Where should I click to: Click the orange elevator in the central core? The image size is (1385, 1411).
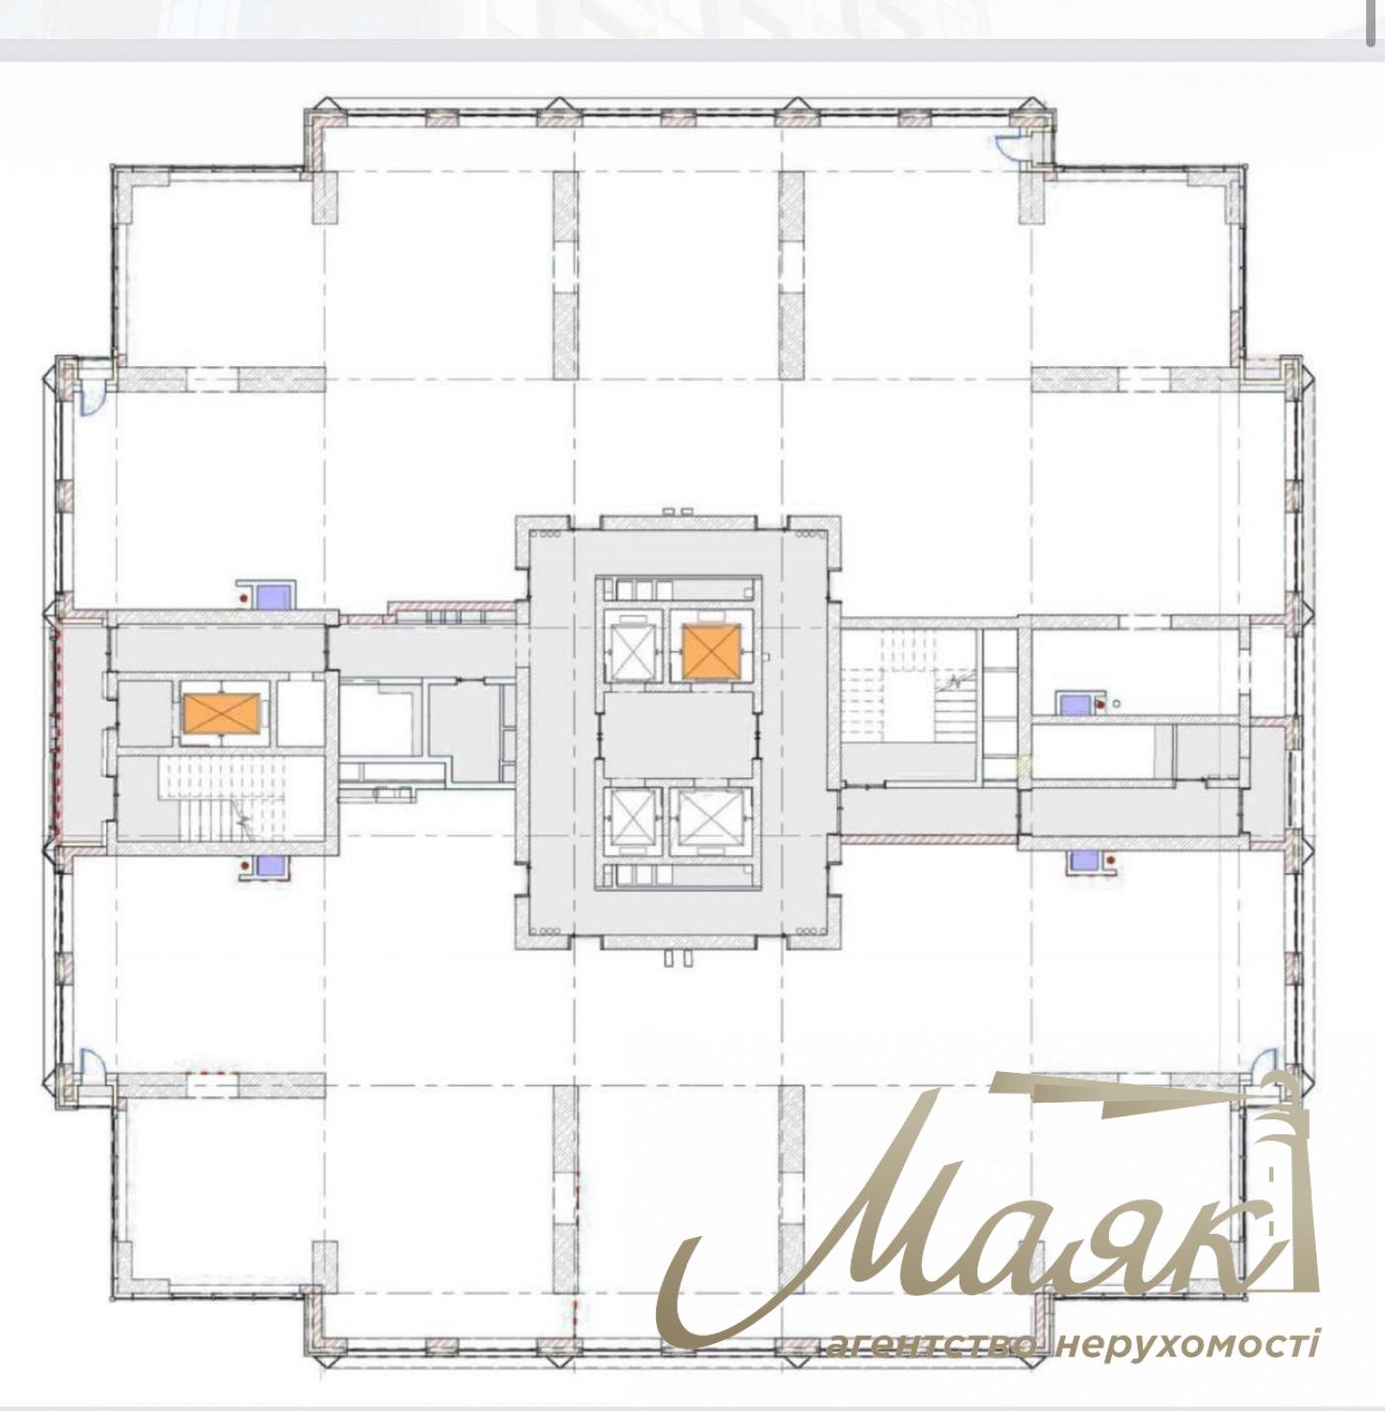[x=711, y=651]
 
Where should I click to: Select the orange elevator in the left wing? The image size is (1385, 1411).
[x=222, y=713]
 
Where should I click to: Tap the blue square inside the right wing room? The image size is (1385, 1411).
[x=1073, y=704]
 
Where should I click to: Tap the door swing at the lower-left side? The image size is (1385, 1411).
[x=92, y=1061]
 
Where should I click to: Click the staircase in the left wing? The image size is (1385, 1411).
[x=221, y=798]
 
